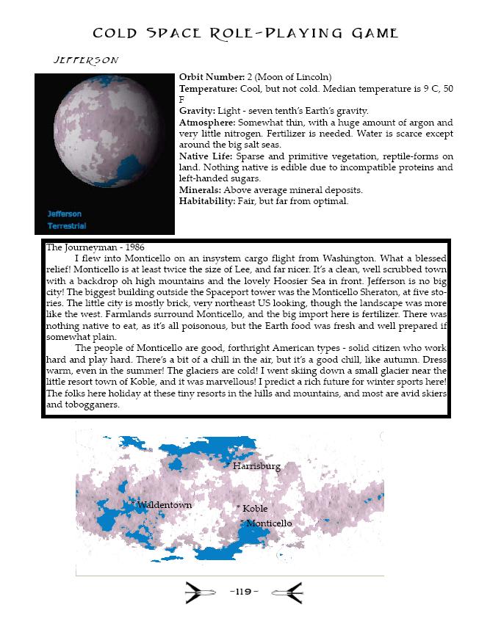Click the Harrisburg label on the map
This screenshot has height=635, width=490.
click(x=256, y=466)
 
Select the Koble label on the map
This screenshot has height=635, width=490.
click(x=255, y=508)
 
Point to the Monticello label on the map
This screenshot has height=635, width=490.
click(x=269, y=523)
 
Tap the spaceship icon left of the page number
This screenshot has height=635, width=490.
click(x=199, y=592)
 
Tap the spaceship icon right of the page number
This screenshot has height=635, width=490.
click(x=287, y=592)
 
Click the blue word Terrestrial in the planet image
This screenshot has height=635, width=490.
click(x=68, y=225)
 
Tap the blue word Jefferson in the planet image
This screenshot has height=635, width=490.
click(x=65, y=214)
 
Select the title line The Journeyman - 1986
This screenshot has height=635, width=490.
click(x=95, y=247)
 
